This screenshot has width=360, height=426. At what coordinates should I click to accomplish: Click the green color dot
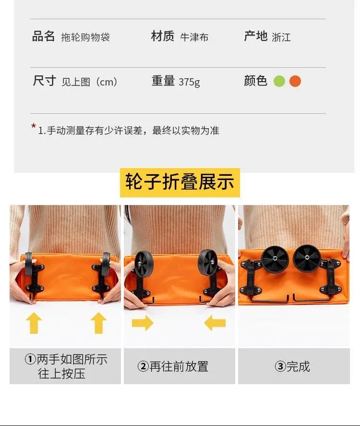pyautogui.click(x=279, y=81)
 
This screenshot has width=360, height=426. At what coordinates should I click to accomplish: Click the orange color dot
pyautogui.click(x=295, y=81)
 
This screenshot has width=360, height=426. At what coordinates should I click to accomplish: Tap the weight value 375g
pyautogui.click(x=189, y=82)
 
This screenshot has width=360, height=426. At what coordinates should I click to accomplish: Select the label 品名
pyautogui.click(x=43, y=36)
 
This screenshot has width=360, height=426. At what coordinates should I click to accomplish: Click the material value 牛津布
pyautogui.click(x=194, y=37)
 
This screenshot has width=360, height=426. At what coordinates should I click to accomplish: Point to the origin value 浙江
pyautogui.click(x=281, y=37)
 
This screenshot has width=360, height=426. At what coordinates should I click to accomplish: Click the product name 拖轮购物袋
pyautogui.click(x=85, y=37)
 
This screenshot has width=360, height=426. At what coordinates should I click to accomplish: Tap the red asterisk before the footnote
pyautogui.click(x=34, y=126)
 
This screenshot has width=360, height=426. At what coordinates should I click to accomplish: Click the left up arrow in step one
pyautogui.click(x=34, y=323)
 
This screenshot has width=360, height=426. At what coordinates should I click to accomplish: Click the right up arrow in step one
pyautogui.click(x=98, y=323)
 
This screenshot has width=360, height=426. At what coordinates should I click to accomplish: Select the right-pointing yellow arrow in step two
pyautogui.click(x=143, y=323)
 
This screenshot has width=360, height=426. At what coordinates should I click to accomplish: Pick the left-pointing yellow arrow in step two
pyautogui.click(x=215, y=323)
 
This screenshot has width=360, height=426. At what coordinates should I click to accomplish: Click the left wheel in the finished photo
pyautogui.click(x=275, y=259)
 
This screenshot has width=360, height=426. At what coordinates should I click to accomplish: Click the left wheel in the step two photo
pyautogui.click(x=144, y=264)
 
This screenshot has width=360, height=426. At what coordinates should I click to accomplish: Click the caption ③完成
pyautogui.click(x=292, y=366)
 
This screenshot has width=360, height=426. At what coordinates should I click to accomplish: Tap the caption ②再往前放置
pyautogui.click(x=173, y=366)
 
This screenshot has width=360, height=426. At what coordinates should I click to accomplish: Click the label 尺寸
pyautogui.click(x=44, y=81)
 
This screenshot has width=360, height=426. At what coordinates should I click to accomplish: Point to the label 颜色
pyautogui.click(x=255, y=81)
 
